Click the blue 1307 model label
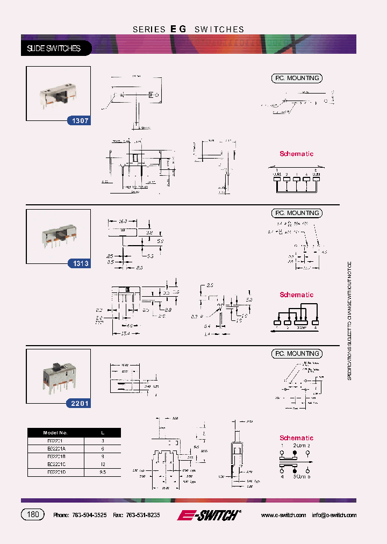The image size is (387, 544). (x=78, y=121)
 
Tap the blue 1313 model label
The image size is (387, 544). (x=78, y=263)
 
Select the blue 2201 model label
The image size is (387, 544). (x=78, y=403)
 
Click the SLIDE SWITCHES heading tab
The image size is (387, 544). (x=54, y=48)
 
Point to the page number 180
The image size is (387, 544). (x=33, y=514)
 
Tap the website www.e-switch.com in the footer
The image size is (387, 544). (x=283, y=515)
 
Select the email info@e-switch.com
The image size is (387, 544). (x=334, y=515)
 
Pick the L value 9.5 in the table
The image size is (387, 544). (x=103, y=471)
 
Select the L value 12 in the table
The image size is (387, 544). (x=103, y=463)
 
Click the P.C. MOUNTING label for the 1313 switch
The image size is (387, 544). (x=296, y=213)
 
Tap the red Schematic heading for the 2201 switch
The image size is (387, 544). (x=296, y=438)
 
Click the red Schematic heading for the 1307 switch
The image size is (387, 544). (x=296, y=154)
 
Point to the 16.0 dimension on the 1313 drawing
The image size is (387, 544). (x=122, y=221)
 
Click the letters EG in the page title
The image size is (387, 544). (x=178, y=29)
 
